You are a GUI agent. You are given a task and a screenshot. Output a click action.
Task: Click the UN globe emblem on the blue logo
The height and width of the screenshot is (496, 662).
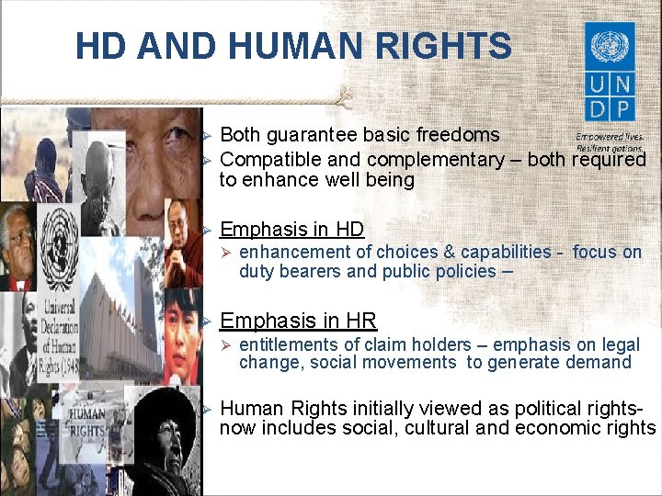click(x=610, y=46)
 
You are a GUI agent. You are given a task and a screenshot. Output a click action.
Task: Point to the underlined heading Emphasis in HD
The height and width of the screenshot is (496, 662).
click(x=292, y=230)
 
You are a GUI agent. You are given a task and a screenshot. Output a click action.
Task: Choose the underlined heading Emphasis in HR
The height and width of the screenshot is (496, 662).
click(x=299, y=321)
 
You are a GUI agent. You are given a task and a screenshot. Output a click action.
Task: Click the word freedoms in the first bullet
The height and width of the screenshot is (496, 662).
click(x=456, y=136)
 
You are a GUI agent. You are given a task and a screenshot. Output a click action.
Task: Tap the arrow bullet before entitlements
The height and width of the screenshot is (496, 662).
click(x=227, y=345)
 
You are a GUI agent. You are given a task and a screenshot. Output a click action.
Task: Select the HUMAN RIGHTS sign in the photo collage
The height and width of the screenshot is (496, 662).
click(x=87, y=423)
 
